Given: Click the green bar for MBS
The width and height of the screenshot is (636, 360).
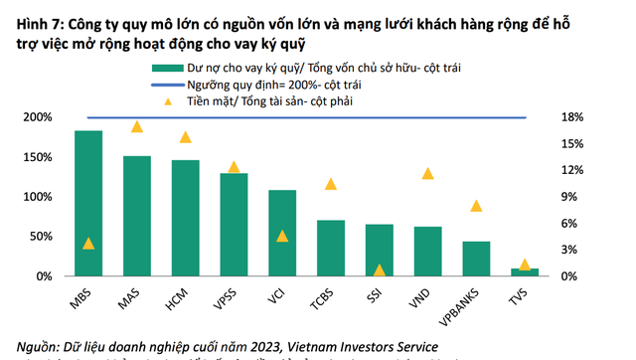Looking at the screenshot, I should click(x=88, y=203).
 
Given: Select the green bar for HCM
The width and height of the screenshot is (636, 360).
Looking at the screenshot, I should click(x=185, y=218).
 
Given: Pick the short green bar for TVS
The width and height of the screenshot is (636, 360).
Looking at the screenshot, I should click(x=524, y=271).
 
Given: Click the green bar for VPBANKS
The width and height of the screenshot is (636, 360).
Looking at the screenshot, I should click(x=476, y=259).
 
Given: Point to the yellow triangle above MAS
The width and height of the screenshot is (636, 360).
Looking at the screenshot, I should click(x=137, y=126).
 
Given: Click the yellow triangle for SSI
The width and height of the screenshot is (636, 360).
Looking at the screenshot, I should click(x=379, y=270).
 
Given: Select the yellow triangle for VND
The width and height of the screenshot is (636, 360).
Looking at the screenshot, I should click(x=427, y=173).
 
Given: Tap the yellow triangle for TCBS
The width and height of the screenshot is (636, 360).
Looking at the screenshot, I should click(x=331, y=183).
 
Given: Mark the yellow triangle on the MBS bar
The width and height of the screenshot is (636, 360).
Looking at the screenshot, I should click(x=88, y=244).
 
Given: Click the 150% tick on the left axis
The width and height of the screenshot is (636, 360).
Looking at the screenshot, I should click(x=38, y=157).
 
